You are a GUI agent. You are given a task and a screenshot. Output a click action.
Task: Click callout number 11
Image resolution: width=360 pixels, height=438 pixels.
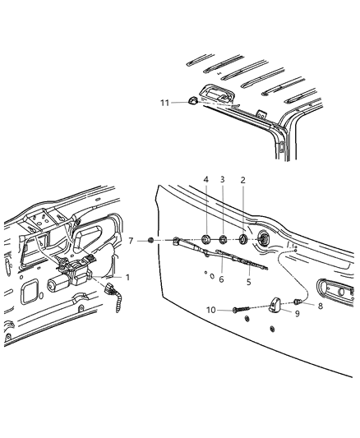[x=164, y=102]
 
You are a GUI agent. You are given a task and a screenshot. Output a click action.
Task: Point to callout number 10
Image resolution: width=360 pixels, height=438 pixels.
[x=210, y=311]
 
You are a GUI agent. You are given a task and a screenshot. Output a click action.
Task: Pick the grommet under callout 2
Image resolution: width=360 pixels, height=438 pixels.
[x=244, y=240]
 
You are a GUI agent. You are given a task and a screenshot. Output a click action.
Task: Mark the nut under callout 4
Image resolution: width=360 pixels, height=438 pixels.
[x=205, y=240]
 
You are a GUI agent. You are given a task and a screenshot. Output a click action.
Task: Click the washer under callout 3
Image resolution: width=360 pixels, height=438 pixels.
[x=224, y=240]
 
